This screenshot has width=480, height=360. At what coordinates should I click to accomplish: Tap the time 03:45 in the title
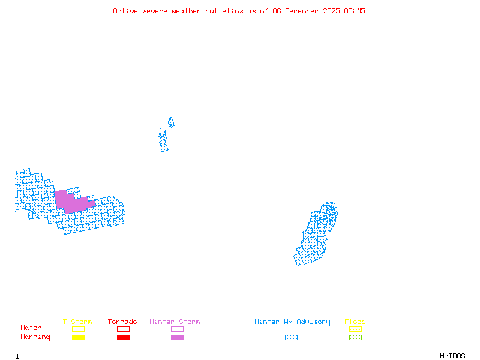(355, 11)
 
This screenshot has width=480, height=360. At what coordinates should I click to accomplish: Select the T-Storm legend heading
(77, 322)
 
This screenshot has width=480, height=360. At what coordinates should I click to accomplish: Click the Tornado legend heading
(122, 322)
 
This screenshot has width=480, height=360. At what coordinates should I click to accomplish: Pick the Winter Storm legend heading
(175, 322)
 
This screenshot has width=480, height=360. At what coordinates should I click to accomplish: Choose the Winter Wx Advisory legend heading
(292, 322)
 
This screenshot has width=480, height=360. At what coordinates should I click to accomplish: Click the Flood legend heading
(355, 322)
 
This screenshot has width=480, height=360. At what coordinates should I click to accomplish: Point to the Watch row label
(31, 328)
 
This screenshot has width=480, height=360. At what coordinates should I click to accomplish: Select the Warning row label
(35, 337)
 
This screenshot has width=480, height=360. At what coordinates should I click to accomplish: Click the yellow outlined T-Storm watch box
(78, 329)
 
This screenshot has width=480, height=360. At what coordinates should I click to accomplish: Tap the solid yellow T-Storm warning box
(78, 337)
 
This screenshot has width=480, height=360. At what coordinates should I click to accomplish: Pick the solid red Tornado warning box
(123, 337)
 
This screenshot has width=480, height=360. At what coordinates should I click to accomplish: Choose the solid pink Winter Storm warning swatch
(177, 337)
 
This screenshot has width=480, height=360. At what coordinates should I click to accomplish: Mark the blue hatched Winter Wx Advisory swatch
(291, 337)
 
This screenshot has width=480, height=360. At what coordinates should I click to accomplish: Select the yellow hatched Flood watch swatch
(355, 329)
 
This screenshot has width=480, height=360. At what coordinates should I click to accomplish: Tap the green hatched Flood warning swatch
(355, 337)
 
